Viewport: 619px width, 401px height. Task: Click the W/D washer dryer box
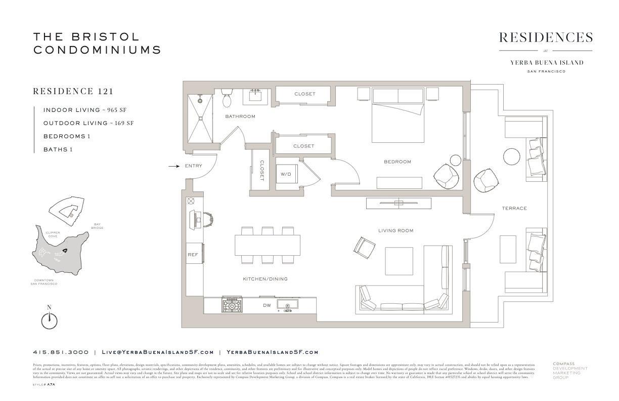(x=286, y=174)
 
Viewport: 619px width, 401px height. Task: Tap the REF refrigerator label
(x=193, y=255)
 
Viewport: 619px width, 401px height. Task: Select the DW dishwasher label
(x=267, y=305)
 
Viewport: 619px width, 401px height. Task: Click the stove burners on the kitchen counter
(x=232, y=305)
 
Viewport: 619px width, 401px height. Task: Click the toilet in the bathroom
(x=227, y=98)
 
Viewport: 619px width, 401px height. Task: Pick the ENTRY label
(x=194, y=166)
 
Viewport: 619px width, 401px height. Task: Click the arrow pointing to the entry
(x=173, y=166)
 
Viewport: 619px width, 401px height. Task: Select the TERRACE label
(x=514, y=208)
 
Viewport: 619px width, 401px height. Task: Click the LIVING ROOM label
(x=395, y=230)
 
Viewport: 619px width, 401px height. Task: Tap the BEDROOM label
(x=397, y=162)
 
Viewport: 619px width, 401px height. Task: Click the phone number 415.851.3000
(x=61, y=352)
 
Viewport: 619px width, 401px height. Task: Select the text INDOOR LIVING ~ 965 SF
(x=89, y=110)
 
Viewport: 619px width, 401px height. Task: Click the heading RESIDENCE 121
(x=73, y=92)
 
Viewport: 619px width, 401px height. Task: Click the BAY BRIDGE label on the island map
(x=98, y=226)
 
